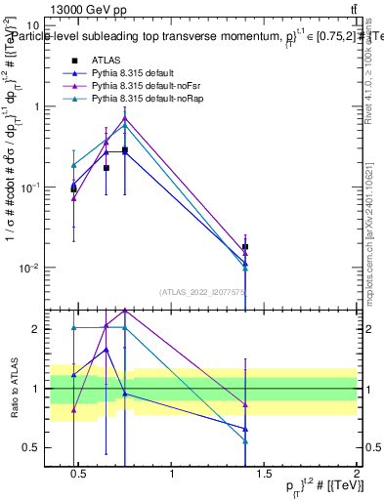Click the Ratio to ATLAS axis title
13,388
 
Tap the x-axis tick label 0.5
80,474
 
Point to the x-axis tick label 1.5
264,474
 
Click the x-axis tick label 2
357,474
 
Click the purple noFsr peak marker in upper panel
125,118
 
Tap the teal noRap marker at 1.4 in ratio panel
245,441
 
